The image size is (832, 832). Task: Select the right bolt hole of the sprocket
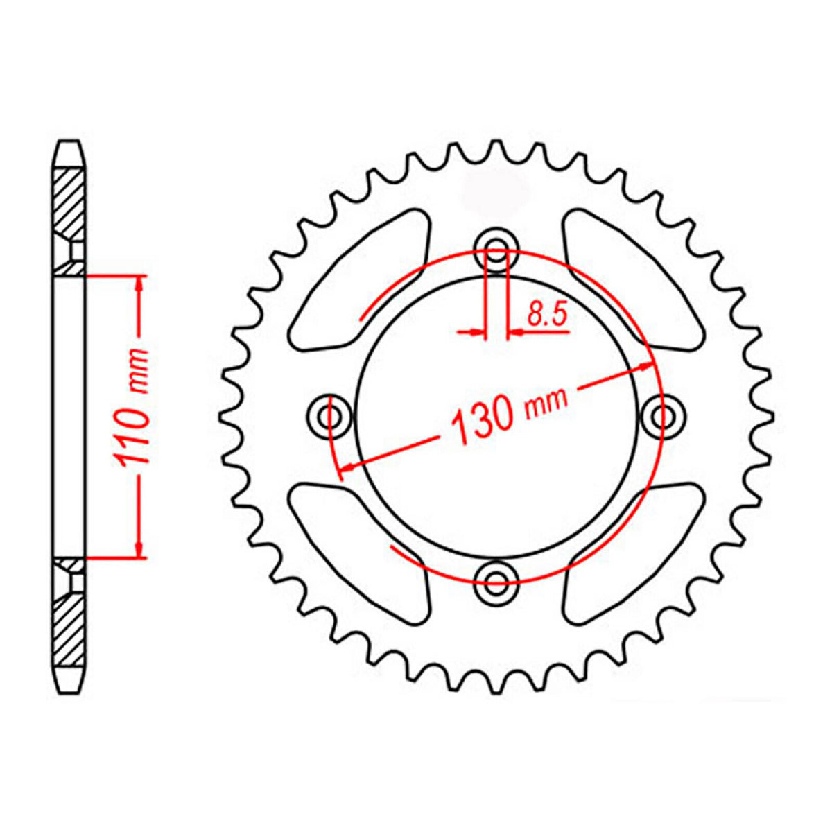[x=662, y=416]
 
